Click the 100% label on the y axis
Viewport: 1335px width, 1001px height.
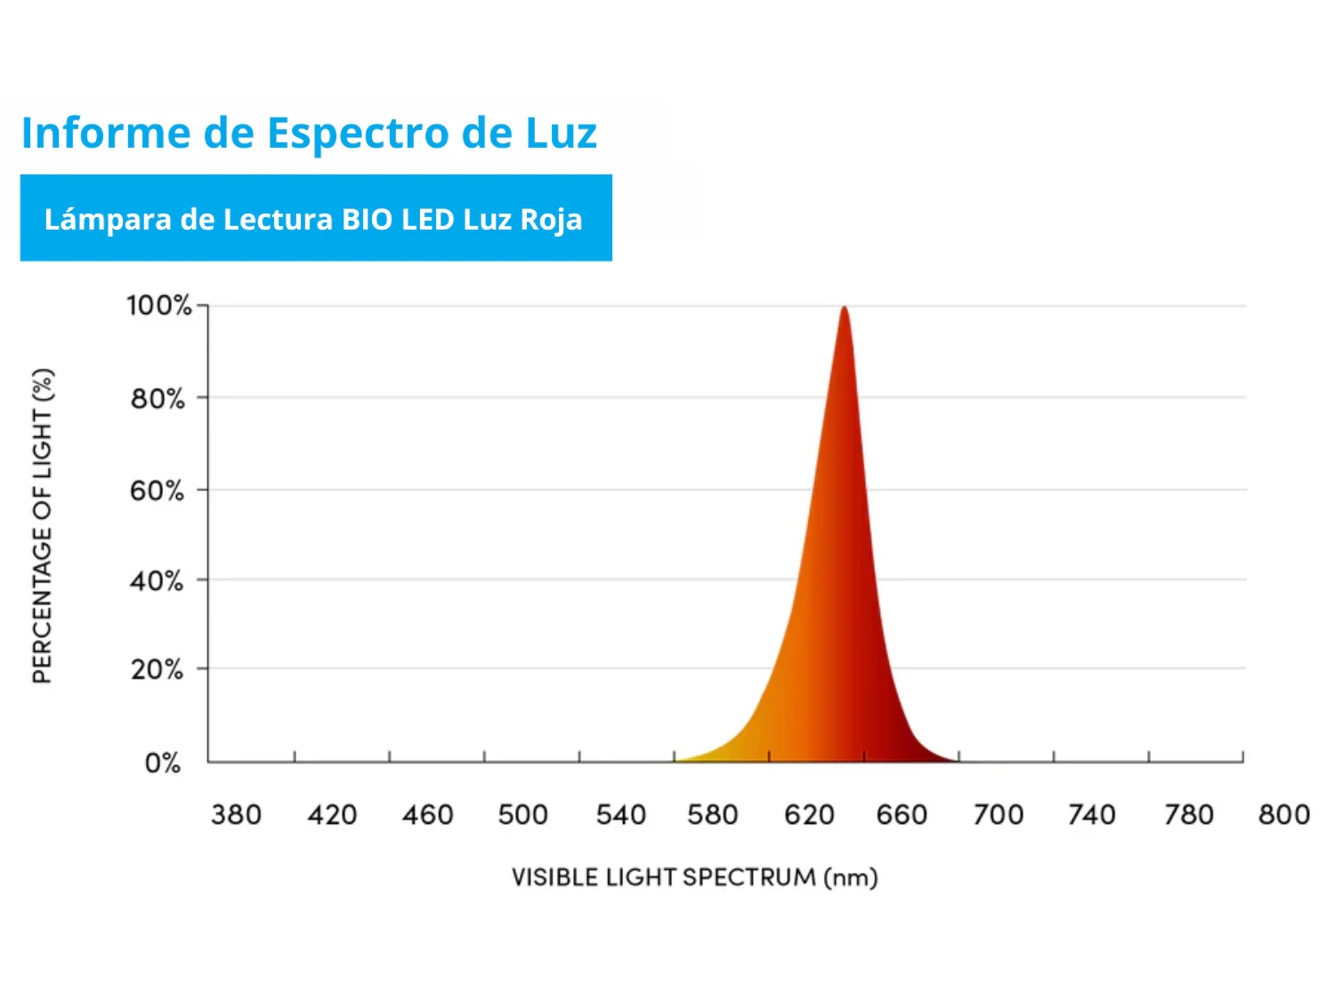pos(158,305)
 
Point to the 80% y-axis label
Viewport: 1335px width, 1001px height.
pos(158,398)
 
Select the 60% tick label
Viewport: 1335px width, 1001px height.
pos(157,490)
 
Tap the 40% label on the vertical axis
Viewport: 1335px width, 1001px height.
pos(157,581)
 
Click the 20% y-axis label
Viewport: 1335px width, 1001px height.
pos(157,669)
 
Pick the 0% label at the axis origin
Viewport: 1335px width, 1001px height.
pos(163,763)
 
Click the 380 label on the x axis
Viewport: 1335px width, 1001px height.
pos(236,814)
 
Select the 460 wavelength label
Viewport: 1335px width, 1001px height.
pos(427,814)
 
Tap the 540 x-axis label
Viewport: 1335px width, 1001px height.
pos(620,814)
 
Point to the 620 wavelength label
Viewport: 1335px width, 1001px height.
pos(809,814)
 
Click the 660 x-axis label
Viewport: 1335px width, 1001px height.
pos(902,814)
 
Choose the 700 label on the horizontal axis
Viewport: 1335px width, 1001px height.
pos(998,814)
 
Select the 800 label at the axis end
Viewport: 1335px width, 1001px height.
pos(1283,814)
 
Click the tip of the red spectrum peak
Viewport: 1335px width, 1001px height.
pos(844,308)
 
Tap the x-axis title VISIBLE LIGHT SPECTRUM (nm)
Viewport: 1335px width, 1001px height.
pos(694,877)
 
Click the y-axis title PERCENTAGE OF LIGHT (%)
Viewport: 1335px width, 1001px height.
pos(43,526)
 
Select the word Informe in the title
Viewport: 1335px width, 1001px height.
pos(106,133)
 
